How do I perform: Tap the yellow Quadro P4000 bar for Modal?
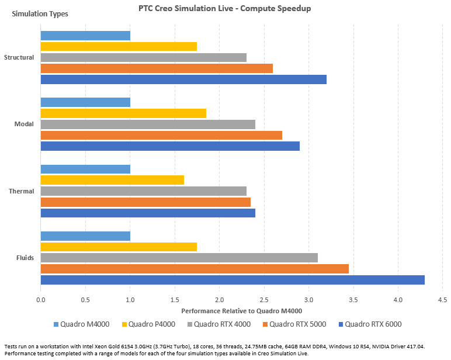pos(123,113)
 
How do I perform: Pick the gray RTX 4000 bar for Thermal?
pos(143,191)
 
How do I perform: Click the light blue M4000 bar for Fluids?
pos(85,236)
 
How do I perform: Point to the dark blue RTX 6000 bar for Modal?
pos(170,146)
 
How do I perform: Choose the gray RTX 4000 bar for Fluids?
pos(179,258)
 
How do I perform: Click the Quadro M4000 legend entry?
pos(86,324)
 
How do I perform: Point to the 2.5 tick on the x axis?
pos(264,300)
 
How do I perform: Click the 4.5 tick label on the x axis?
pos(442,300)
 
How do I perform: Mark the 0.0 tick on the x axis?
pos(41,300)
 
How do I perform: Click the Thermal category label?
pos(22,191)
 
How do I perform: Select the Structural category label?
pos(19,57)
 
